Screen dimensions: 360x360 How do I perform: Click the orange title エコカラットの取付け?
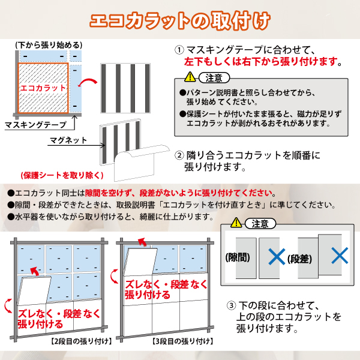click(x=180, y=21)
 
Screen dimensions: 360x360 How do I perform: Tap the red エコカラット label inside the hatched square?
click(x=43, y=88)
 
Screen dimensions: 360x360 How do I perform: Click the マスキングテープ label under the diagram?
click(x=35, y=125)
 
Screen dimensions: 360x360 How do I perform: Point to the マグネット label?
click(x=68, y=140)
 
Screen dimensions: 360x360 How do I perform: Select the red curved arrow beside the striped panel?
click(x=88, y=82)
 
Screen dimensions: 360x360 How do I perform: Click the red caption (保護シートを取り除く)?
click(x=62, y=175)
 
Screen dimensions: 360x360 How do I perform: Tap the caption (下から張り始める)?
click(x=49, y=45)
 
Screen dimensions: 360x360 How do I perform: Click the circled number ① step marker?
click(x=179, y=50)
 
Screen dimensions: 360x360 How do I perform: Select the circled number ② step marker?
click(x=179, y=155)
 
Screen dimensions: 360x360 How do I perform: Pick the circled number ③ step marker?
click(x=231, y=305)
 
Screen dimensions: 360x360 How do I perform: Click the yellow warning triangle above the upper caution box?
click(x=190, y=77)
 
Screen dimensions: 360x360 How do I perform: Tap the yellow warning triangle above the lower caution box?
click(x=236, y=223)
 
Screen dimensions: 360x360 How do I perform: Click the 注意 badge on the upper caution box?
click(x=214, y=78)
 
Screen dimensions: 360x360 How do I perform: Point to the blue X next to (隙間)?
click(x=277, y=256)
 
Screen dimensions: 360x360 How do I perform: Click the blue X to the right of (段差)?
click(x=340, y=256)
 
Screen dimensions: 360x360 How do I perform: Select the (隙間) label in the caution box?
click(x=238, y=257)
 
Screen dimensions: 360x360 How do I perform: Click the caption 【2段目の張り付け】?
click(x=81, y=341)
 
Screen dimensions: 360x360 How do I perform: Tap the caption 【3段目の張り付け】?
click(x=182, y=341)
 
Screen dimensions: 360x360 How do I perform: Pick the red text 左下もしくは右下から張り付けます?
click(x=261, y=62)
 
